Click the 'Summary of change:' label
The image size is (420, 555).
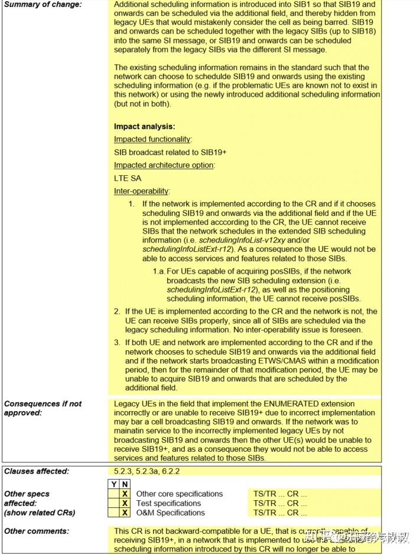tap(43, 5)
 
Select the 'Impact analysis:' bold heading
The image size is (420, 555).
tap(144, 126)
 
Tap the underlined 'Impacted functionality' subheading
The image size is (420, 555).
tap(152, 139)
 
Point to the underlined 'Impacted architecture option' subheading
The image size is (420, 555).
tap(164, 165)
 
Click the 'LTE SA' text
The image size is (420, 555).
tap(128, 178)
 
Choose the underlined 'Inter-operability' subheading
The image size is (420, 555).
tap(141, 191)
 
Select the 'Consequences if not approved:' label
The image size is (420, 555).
tap(43, 408)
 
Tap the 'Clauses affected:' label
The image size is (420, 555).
tap(36, 471)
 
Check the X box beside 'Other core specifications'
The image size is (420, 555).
tap(125, 494)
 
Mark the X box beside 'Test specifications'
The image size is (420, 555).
tap(125, 503)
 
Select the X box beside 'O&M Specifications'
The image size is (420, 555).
tap(125, 513)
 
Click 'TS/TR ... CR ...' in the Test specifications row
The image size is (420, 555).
tap(280, 503)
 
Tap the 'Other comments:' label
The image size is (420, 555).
tap(36, 531)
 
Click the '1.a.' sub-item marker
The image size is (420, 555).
tap(158, 272)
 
